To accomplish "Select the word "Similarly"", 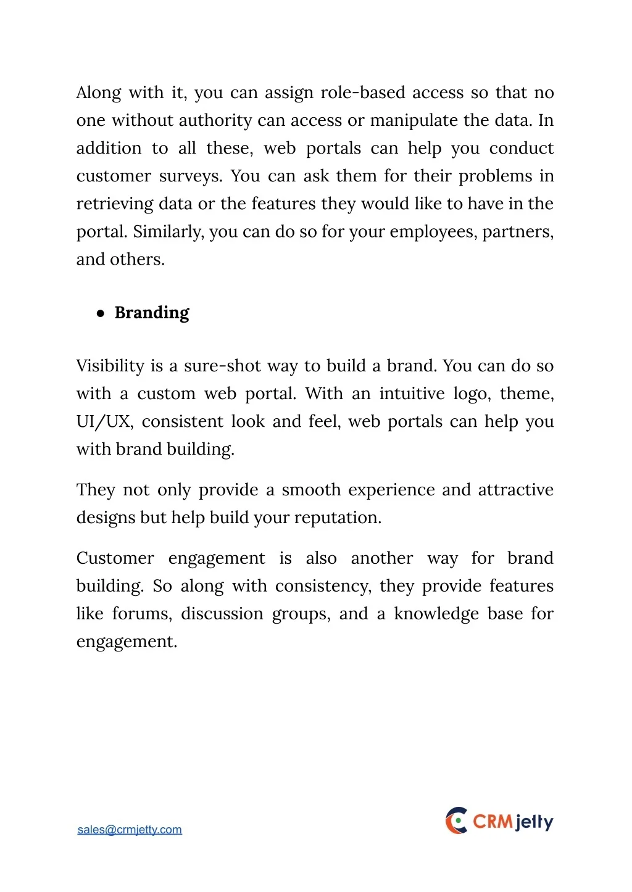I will tap(167, 232).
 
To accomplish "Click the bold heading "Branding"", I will tap(152, 313).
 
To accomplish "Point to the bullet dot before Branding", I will tap(101, 313).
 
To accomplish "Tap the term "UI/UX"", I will tap(104, 422).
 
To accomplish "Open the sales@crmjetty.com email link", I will tap(130, 830).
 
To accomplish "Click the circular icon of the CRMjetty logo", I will tap(457, 821).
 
